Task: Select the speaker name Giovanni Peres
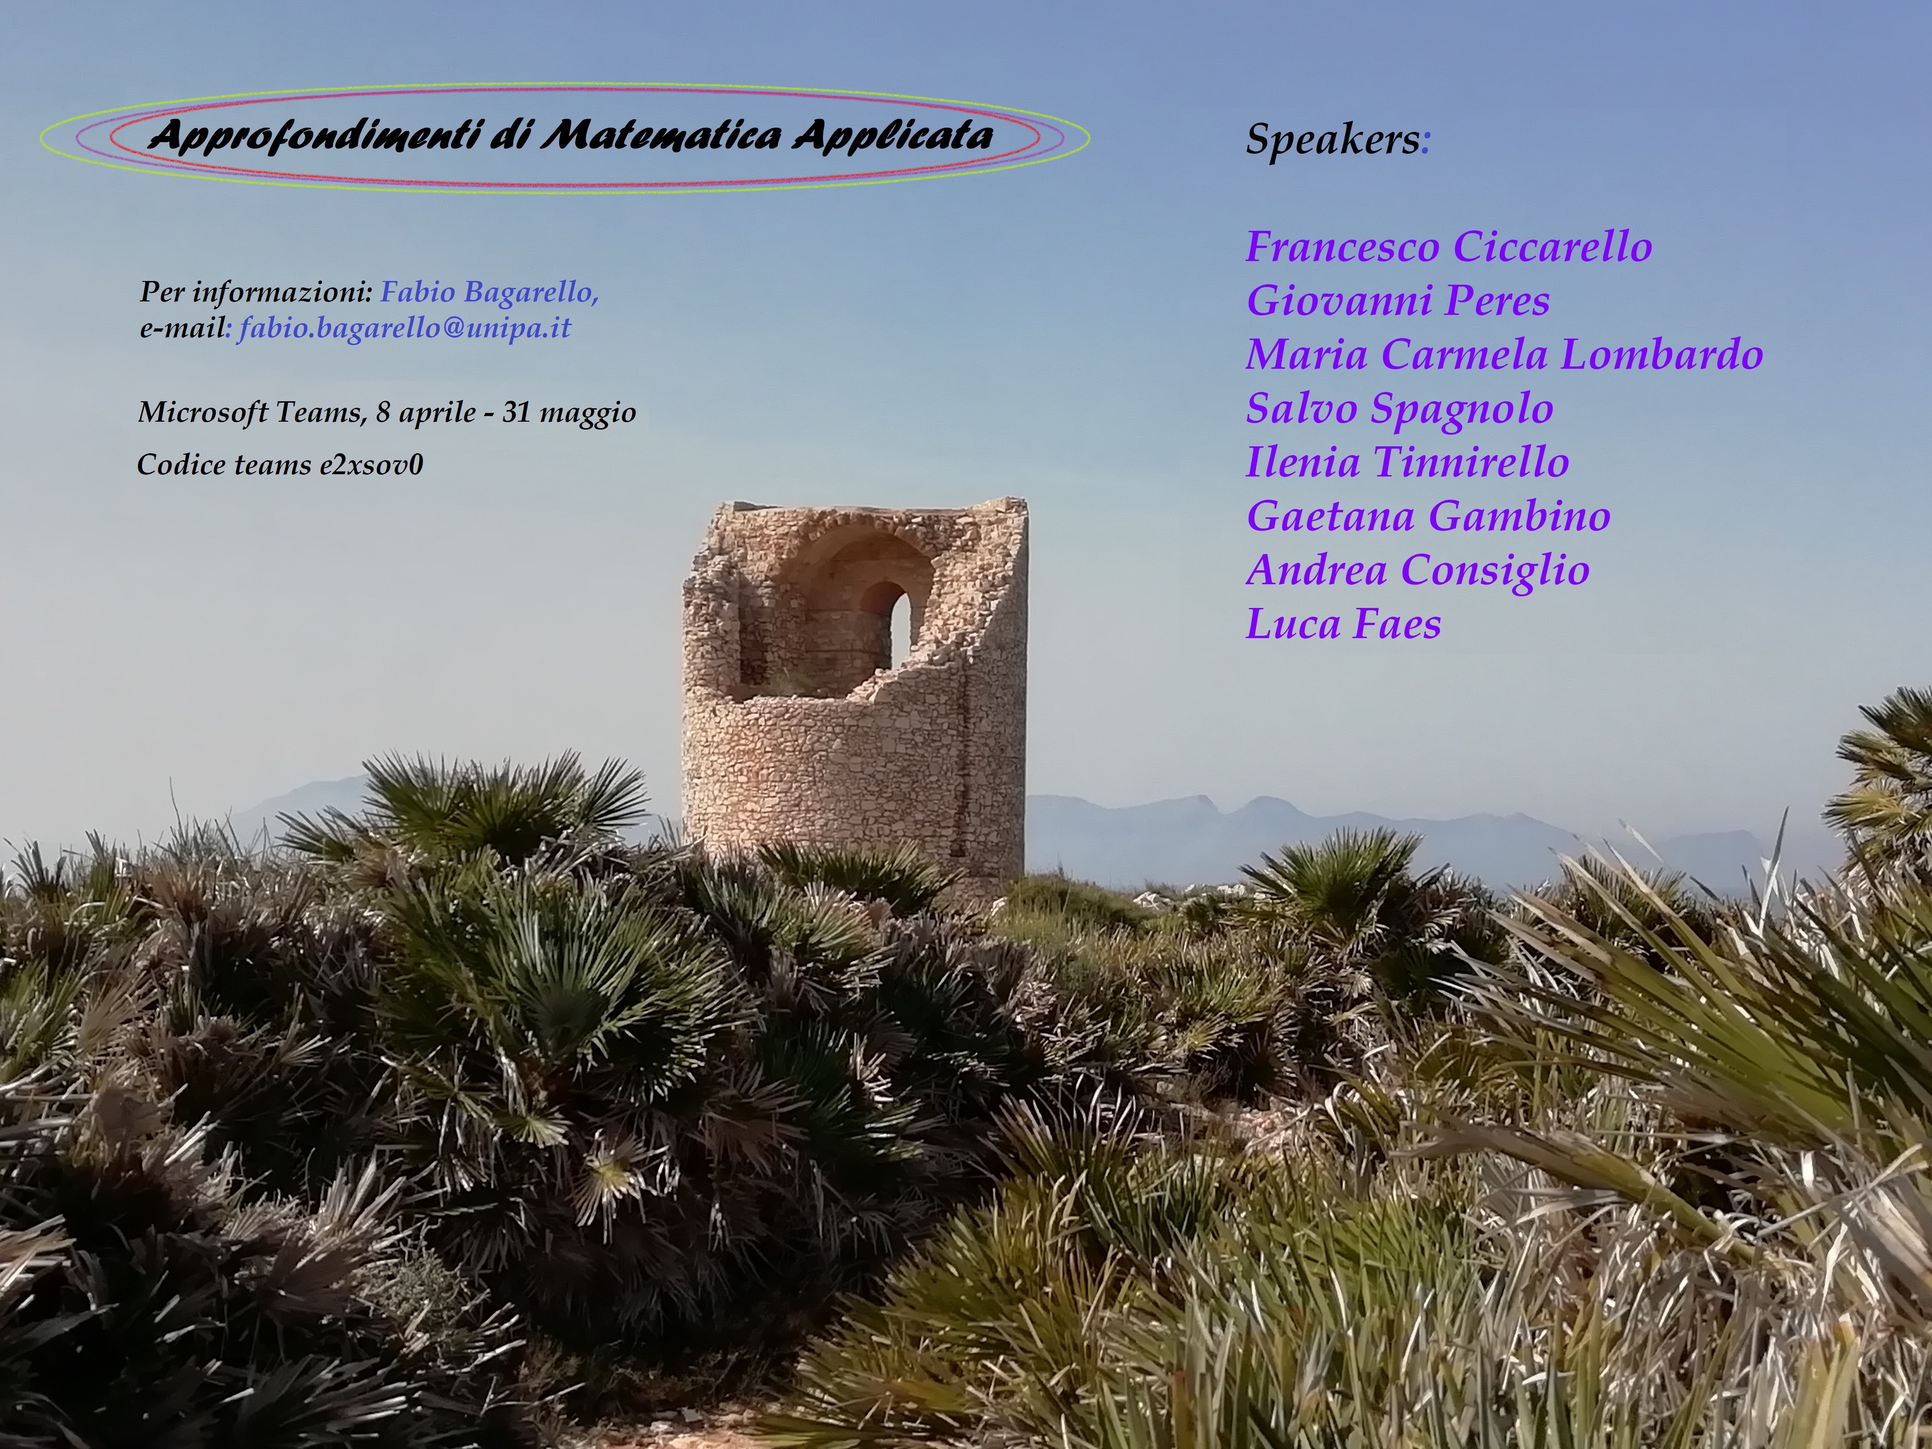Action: coord(1397,300)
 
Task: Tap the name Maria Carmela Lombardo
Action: coord(1504,355)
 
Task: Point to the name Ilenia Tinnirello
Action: coord(1407,462)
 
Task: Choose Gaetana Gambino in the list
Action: coord(1428,516)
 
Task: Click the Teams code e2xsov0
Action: coord(371,465)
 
